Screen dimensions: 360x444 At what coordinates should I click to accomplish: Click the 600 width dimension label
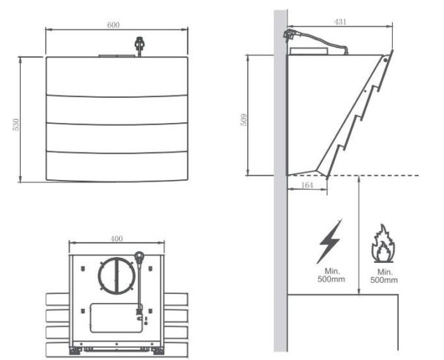(x=113, y=25)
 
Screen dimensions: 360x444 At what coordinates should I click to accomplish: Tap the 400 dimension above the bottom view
(x=116, y=239)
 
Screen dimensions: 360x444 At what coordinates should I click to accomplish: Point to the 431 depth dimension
(x=340, y=23)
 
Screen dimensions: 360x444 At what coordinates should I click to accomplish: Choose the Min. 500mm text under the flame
(x=383, y=276)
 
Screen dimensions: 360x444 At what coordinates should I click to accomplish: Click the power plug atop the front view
(x=138, y=46)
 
